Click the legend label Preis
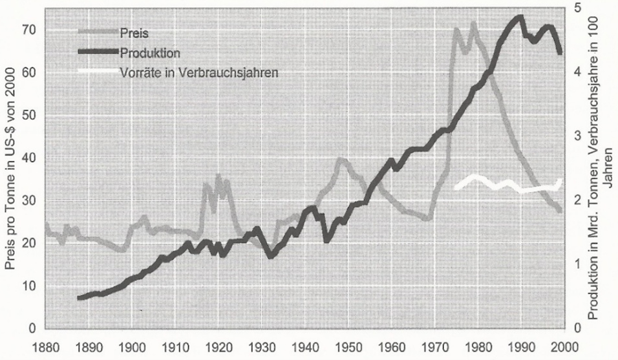(135, 32)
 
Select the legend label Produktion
(150, 52)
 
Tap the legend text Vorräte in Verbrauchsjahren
(199, 72)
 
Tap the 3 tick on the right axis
(577, 136)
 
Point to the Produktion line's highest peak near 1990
(518, 17)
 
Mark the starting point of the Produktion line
(78, 298)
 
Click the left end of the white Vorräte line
(456, 187)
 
